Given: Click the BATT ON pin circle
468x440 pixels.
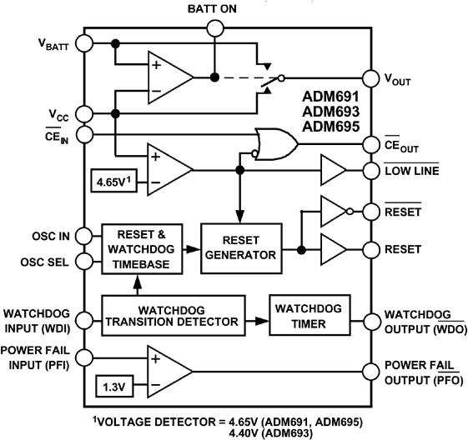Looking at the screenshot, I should (x=215, y=29).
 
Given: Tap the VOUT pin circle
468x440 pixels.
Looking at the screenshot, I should (x=367, y=77).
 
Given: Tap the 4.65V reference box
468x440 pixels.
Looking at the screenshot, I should (x=115, y=178).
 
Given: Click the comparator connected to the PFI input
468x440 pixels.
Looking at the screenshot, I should (x=169, y=372).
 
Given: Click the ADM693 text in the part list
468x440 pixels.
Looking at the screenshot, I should (x=331, y=112).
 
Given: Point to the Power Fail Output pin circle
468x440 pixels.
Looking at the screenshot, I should (x=367, y=372).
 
